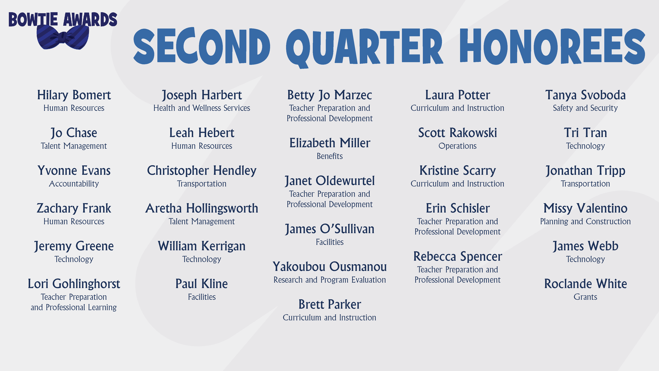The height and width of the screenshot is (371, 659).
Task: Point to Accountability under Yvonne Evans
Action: pyautogui.click(x=74, y=184)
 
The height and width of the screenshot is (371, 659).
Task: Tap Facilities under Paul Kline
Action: pyautogui.click(x=202, y=297)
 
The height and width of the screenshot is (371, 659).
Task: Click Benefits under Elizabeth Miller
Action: pyautogui.click(x=330, y=156)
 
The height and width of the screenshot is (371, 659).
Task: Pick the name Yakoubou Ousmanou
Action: pyautogui.click(x=330, y=267)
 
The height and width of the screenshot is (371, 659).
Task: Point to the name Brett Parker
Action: pyautogui.click(x=330, y=304)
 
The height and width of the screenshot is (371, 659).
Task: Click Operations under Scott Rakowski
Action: pyautogui.click(x=457, y=146)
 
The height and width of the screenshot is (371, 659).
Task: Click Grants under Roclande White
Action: pyautogui.click(x=585, y=297)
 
